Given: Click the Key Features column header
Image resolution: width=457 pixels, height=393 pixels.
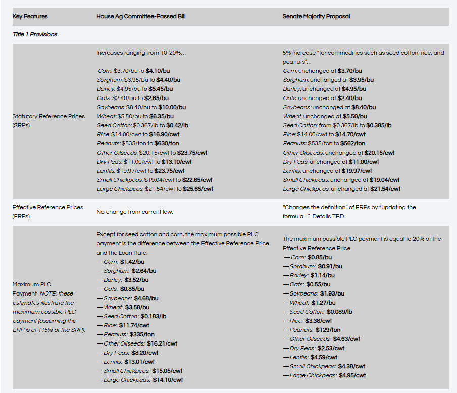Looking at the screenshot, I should point(30,16).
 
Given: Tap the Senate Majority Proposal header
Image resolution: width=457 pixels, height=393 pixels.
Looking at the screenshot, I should point(316,16).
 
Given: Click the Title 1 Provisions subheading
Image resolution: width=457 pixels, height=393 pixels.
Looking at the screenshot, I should point(35,34).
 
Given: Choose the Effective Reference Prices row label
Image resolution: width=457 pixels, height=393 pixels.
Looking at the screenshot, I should point(47,211).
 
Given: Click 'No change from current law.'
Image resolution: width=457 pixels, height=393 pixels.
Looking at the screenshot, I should point(135,211).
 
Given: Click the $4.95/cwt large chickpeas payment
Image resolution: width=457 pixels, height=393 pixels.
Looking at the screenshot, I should point(352,375).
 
